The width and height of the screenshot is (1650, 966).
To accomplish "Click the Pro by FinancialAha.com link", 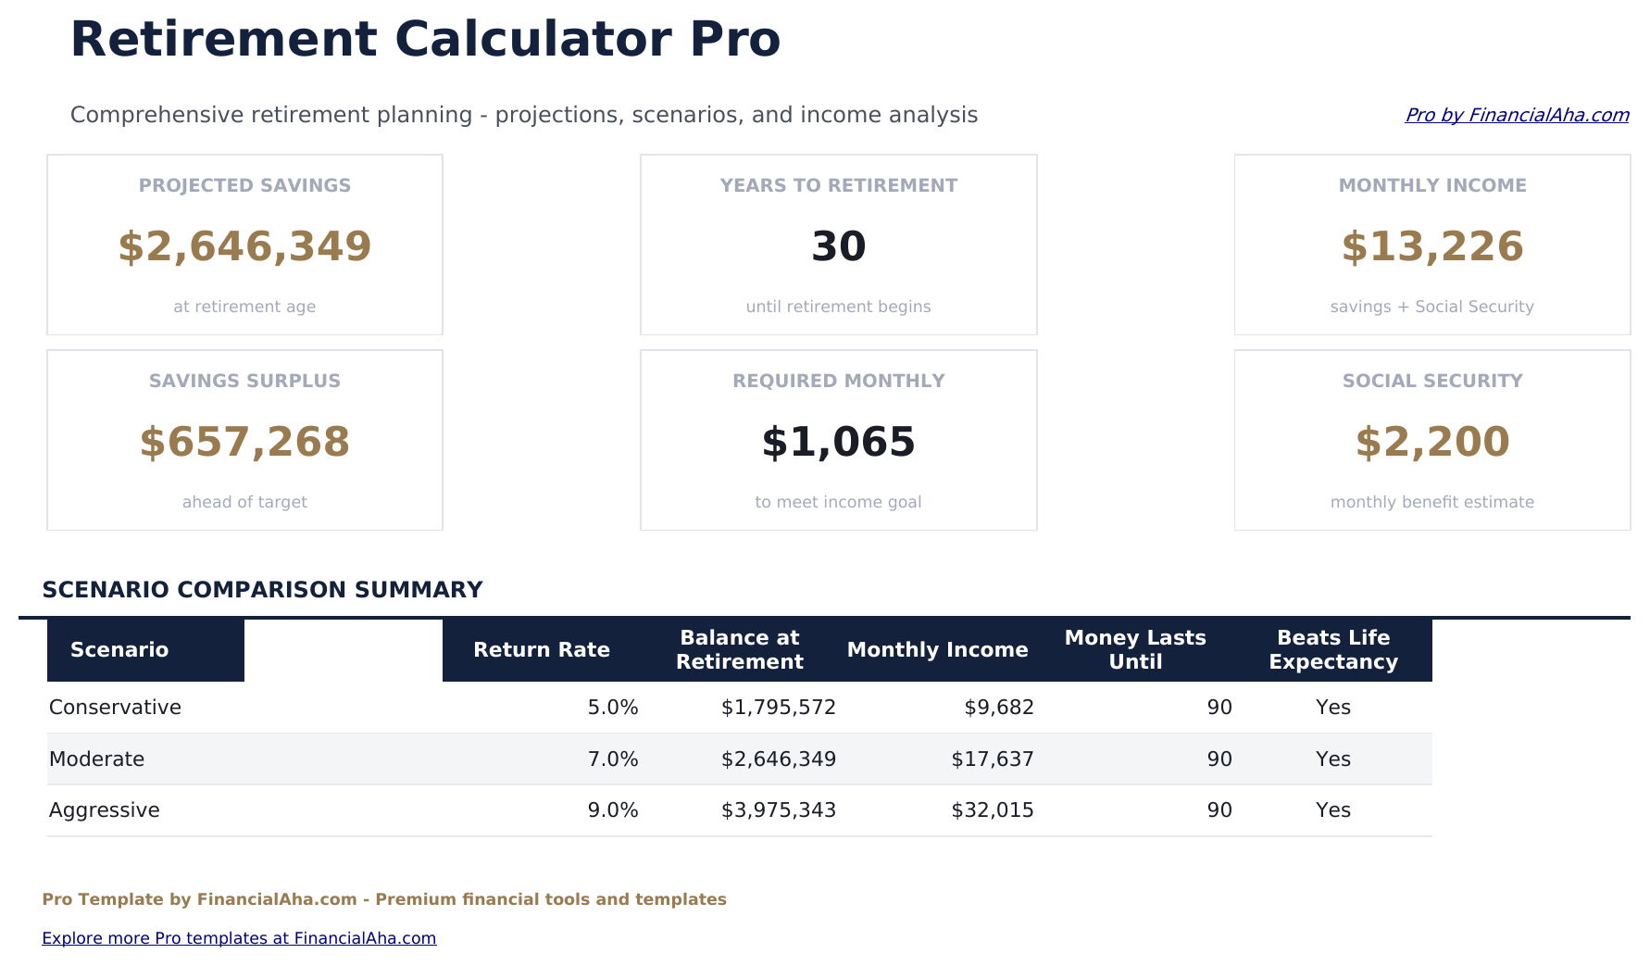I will point(1516,115).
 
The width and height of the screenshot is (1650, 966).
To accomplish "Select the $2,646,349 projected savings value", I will point(244,246).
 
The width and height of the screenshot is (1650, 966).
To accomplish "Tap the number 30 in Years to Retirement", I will point(838,246).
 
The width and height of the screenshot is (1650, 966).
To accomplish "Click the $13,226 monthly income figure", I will point(1431,246).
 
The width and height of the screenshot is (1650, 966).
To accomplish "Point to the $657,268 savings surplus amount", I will point(244,442).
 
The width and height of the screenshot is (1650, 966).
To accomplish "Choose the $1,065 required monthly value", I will point(838,442).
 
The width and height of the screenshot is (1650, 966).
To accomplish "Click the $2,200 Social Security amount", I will point(1431,442).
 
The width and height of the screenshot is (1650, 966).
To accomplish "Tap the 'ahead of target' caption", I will point(244,502).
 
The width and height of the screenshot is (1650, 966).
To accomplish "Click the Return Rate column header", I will point(541,649).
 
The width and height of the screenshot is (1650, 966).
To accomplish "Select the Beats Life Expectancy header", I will point(1332,649).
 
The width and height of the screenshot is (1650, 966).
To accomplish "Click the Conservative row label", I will point(115,708).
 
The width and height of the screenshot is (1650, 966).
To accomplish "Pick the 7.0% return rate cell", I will point(612,759).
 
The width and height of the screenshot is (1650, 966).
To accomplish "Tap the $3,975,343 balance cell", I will point(778,810).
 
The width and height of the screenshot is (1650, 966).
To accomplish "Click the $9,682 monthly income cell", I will point(998,708).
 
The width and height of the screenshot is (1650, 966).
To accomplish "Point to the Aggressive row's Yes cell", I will point(1332,810).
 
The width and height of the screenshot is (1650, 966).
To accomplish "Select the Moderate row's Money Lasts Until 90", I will point(1219,759).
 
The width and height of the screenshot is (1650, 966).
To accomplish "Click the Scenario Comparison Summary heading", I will point(262,590).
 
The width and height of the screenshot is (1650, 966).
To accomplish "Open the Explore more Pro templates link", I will point(239,938).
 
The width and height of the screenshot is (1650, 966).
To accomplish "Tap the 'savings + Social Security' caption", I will point(1431,307).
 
